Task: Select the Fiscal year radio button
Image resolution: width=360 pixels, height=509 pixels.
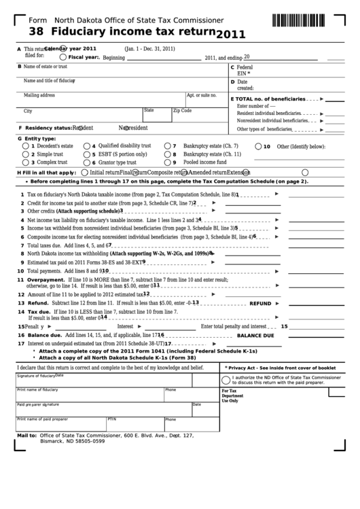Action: point(63,58)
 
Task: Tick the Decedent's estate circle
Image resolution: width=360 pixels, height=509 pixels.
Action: point(26,146)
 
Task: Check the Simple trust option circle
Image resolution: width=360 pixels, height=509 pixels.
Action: point(26,154)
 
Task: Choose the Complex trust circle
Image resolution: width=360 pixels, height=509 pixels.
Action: point(26,163)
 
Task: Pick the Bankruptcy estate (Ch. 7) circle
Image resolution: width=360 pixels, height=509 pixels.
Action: point(167,146)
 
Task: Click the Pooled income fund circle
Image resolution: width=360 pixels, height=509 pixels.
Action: point(167,163)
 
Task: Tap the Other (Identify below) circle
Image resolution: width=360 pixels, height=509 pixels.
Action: point(257,146)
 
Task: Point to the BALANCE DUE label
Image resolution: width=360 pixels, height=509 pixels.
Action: point(255,336)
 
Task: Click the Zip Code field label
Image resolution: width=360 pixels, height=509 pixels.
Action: point(182,111)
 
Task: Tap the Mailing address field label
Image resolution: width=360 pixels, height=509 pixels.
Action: point(39,95)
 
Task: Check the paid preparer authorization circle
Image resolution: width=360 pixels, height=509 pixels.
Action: point(227,379)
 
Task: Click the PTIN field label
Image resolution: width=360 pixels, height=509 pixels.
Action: point(112,419)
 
